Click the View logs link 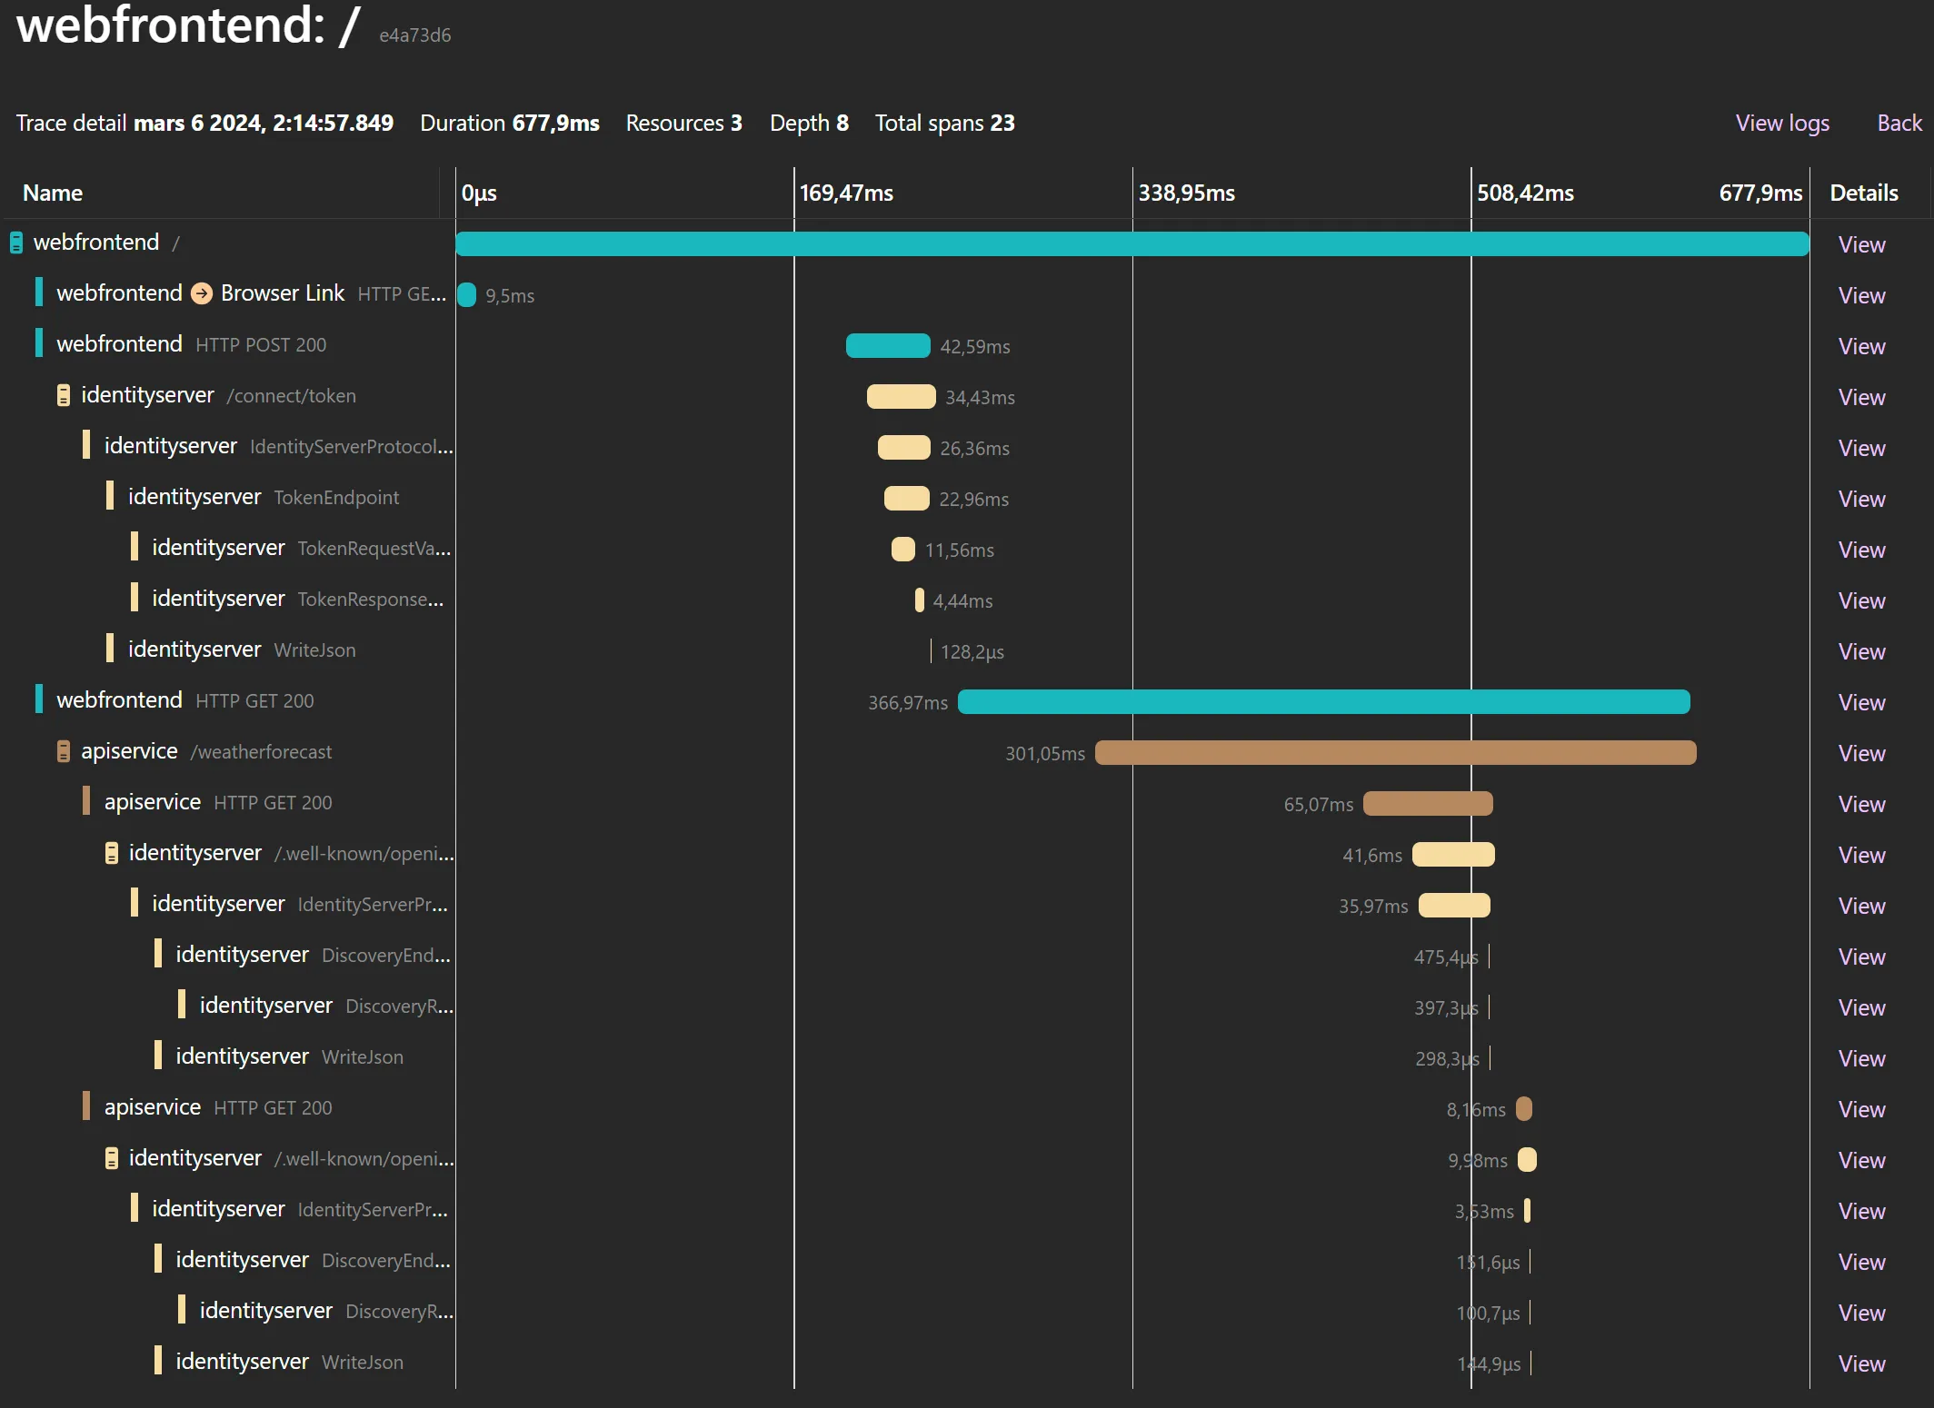click(1781, 124)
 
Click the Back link click(1899, 124)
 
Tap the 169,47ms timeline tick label click(846, 193)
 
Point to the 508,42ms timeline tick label click(1525, 193)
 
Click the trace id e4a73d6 click(414, 35)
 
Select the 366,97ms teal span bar click(1323, 702)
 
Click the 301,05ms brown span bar click(1395, 753)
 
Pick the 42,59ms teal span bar click(887, 346)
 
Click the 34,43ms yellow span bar click(901, 397)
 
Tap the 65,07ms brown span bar click(1427, 804)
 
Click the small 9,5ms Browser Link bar click(467, 295)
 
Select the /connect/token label click(291, 396)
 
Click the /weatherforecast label click(261, 752)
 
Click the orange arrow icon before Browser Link click(202, 293)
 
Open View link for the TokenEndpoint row click(1860, 499)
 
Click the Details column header click(1863, 193)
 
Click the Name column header click(53, 193)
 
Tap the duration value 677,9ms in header click(555, 124)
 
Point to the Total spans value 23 click(1002, 124)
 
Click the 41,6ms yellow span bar click(1452, 855)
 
